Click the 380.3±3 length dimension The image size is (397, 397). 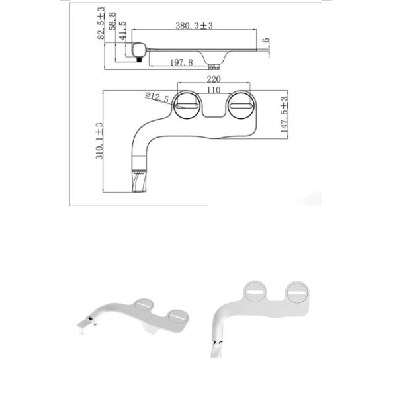point(199,26)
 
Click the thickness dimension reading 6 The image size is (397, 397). point(265,40)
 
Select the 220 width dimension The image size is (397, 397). point(214,79)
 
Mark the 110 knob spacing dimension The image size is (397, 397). point(214,89)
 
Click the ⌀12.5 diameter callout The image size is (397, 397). point(158,98)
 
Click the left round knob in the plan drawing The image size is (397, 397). point(187,106)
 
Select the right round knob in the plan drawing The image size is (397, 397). point(240,106)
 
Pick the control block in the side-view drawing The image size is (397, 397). point(139,50)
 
